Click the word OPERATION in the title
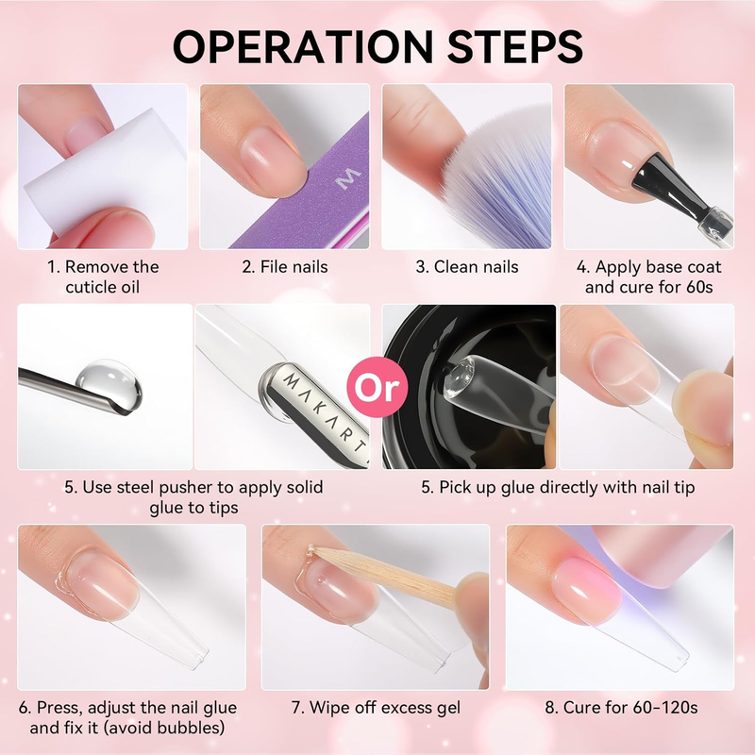303,46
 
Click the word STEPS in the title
515,46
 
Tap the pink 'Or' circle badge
377,387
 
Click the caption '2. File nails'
285,267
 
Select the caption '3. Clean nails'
467,267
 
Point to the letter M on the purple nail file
348,178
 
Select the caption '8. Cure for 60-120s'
621,707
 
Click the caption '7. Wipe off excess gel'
376,707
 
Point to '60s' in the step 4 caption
699,287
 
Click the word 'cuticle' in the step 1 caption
91,287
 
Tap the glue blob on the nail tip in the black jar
459,377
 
